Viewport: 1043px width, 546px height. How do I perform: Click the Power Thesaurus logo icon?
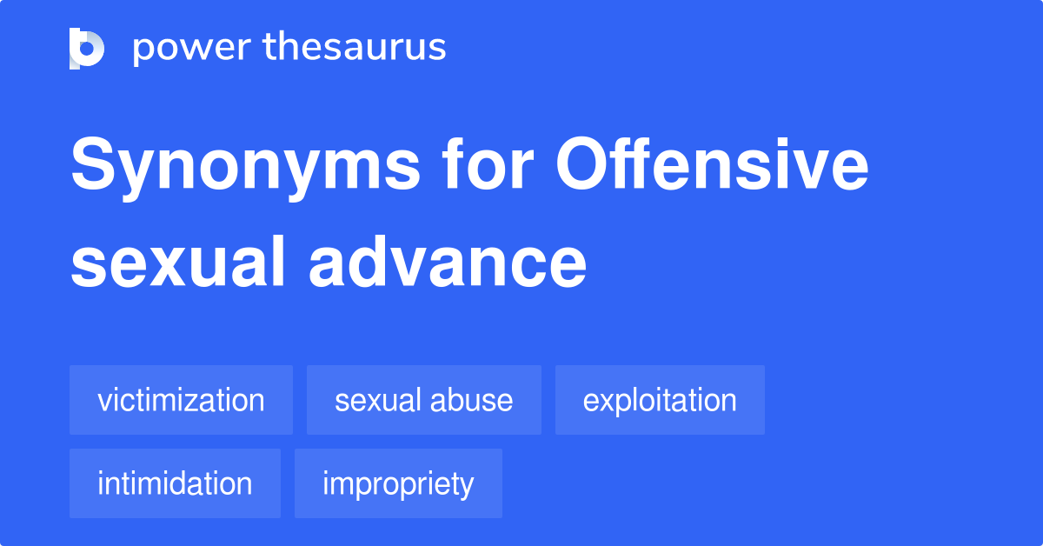(87, 48)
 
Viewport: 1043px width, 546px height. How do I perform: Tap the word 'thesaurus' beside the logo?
(355, 48)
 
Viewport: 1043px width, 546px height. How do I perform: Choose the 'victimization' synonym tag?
(181, 400)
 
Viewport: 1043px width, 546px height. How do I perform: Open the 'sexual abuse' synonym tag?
(423, 400)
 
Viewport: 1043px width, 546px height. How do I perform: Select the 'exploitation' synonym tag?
(660, 400)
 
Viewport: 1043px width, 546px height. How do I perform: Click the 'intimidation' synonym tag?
(175, 483)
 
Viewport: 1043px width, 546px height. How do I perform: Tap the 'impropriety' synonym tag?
(398, 483)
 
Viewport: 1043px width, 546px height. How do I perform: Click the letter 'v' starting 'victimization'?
(103, 402)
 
